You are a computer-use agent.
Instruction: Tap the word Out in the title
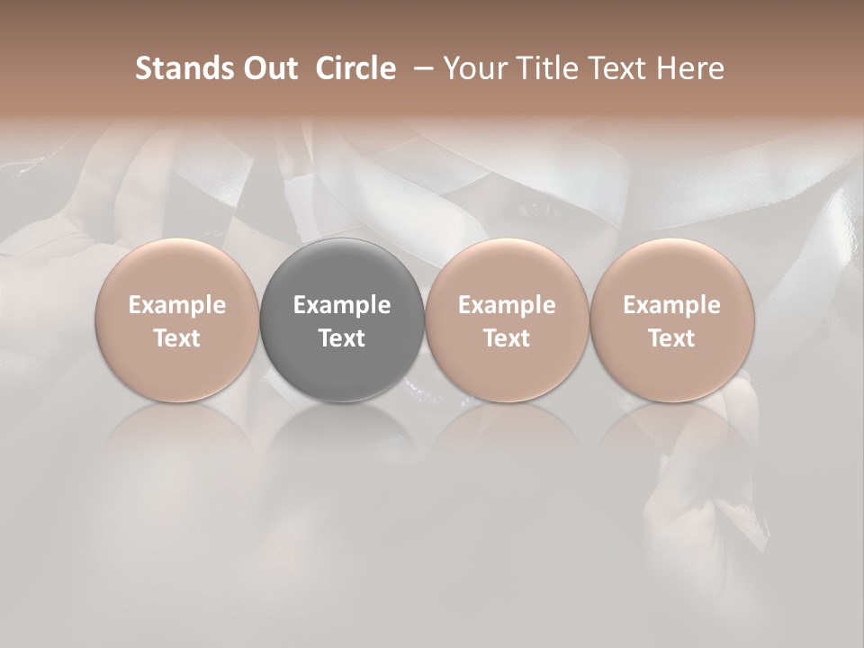[x=268, y=68]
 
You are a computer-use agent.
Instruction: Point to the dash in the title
[x=422, y=68]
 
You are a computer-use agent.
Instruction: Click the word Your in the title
[x=471, y=68]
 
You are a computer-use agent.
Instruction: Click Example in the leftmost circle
[x=177, y=305]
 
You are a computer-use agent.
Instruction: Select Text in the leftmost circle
[x=177, y=338]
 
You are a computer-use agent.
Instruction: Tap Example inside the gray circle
[x=342, y=305]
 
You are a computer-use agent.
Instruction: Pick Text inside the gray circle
[x=342, y=338]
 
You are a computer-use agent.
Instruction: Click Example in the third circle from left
[x=507, y=305]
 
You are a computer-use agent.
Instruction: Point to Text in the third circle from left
[x=507, y=338]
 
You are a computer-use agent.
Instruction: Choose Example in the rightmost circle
[x=671, y=305]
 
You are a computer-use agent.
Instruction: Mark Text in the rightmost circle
[x=671, y=338]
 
